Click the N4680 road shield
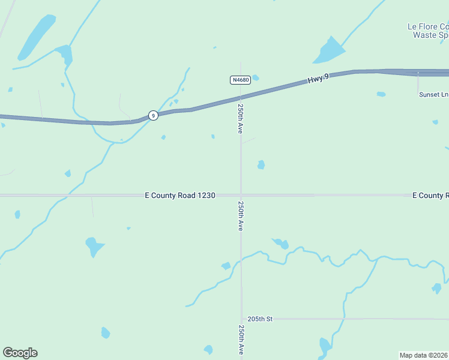[240, 80]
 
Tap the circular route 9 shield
[154, 115]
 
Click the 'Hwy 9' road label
[319, 79]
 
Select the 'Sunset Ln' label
[433, 94]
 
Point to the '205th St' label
[259, 319]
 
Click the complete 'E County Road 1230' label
[180, 196]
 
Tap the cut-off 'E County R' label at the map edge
[430, 196]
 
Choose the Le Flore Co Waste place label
[428, 31]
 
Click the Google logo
[20, 353]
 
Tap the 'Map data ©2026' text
[424, 355]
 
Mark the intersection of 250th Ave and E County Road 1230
[241, 195]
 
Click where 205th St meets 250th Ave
[241, 319]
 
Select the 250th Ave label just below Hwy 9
[240, 118]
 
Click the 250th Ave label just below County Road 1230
[240, 216]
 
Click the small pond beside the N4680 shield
[256, 77]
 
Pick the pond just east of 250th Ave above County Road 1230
[261, 164]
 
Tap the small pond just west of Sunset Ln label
[381, 94]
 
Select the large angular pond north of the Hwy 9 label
[329, 51]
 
